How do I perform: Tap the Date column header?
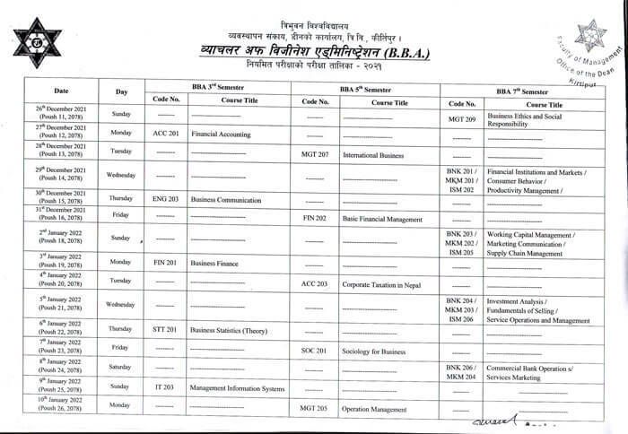(61, 91)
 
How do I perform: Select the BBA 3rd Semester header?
(219, 87)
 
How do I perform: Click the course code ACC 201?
(166, 133)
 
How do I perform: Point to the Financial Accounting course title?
(221, 133)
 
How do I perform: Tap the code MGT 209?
(461, 118)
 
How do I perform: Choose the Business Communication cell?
(227, 197)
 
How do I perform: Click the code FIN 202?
(315, 218)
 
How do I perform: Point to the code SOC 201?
(315, 351)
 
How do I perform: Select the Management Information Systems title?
(238, 388)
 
